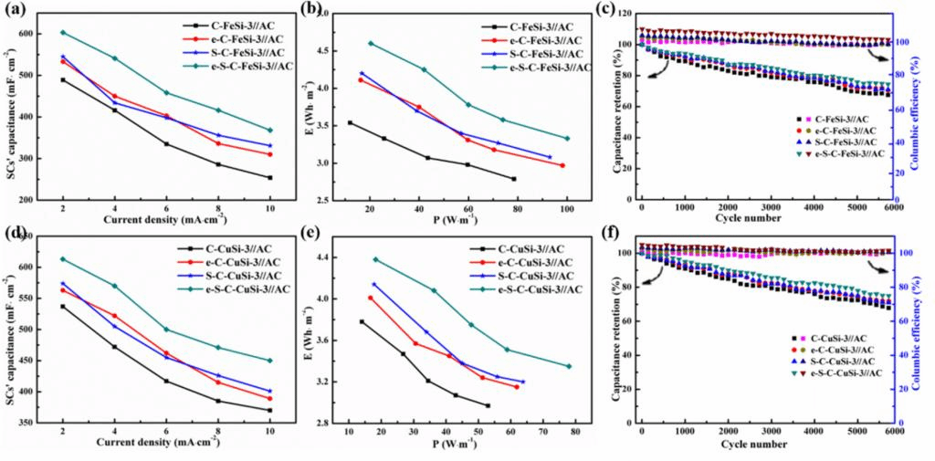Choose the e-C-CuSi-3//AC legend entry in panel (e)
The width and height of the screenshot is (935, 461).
click(535, 262)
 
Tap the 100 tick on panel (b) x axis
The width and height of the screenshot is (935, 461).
click(567, 209)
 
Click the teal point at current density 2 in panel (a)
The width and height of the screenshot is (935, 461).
click(62, 33)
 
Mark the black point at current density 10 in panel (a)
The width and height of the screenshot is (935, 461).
click(269, 177)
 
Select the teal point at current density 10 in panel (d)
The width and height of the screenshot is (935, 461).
click(269, 361)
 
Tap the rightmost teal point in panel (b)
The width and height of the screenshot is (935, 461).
click(567, 139)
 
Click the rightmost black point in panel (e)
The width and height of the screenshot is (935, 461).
click(488, 405)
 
